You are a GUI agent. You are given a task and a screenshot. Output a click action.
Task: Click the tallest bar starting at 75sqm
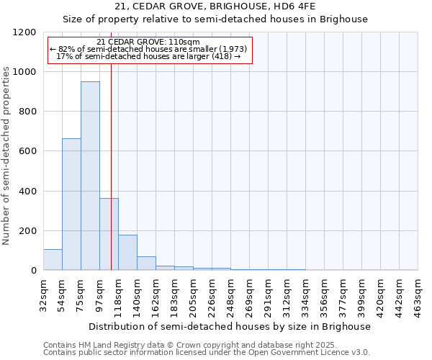coord(90,176)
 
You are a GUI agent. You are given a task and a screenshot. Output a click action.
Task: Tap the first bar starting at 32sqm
coord(53,259)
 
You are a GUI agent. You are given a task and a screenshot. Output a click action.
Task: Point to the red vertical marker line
coord(111,166)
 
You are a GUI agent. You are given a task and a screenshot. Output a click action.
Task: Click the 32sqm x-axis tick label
coord(43,294)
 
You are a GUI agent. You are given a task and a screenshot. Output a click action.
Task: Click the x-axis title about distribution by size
coord(230,326)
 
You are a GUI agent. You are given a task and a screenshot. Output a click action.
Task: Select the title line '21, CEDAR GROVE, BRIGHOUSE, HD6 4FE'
coord(215,7)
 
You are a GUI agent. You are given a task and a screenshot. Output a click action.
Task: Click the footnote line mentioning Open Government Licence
coord(207,352)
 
